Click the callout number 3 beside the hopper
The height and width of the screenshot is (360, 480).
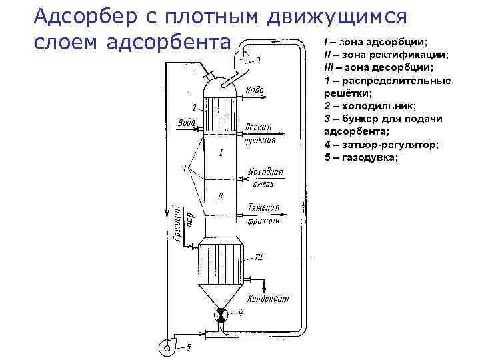tap(258, 60)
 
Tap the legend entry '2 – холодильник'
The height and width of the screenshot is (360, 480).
tap(369, 106)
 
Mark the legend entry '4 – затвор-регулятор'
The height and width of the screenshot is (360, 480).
tap(381, 144)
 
